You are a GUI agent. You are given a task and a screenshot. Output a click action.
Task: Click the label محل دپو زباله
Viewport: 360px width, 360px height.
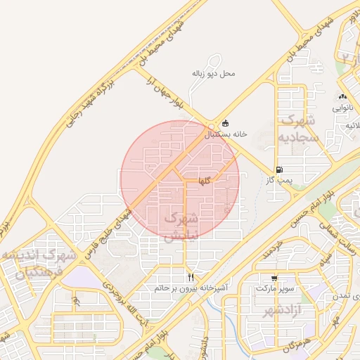click(213, 73)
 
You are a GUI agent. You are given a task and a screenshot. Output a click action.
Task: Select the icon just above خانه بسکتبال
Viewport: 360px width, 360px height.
click(225, 123)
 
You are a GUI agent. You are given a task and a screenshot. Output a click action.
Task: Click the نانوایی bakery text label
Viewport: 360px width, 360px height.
click(342, 109)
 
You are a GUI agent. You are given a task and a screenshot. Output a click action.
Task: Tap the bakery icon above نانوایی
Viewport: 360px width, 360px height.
click(342, 97)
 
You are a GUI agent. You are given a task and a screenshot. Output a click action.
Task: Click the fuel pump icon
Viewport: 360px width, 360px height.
click(280, 169)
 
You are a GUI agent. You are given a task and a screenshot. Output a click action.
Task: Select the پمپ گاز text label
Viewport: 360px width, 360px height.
click(279, 180)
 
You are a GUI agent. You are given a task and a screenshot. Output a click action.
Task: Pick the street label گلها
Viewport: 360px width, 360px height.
click(205, 181)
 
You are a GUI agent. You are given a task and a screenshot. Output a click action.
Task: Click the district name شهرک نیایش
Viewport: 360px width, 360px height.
click(182, 227)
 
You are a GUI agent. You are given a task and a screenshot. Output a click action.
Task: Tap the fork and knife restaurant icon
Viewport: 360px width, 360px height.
click(191, 277)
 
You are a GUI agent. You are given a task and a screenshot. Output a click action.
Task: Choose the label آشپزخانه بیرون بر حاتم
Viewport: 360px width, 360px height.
click(191, 288)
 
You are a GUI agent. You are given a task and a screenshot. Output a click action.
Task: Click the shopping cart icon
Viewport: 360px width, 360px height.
click(274, 278)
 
